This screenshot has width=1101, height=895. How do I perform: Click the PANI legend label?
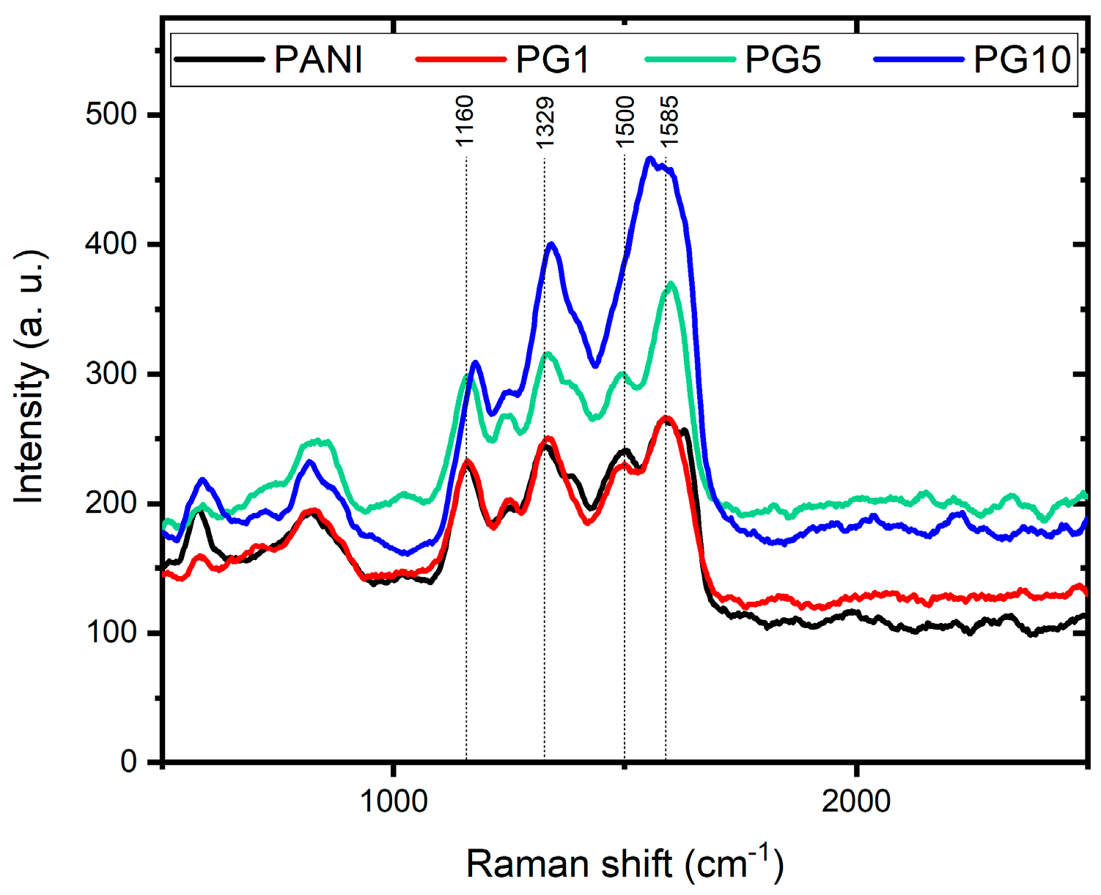tap(318, 60)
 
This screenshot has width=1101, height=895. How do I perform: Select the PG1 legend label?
tap(553, 60)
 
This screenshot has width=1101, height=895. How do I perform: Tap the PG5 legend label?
tap(783, 60)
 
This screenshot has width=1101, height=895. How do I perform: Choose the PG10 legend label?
tap(1022, 60)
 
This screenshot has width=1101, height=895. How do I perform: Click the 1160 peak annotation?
tap(465, 121)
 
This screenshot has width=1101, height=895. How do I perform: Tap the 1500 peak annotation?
tap(625, 121)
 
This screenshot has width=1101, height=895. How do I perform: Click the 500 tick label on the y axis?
tap(111, 115)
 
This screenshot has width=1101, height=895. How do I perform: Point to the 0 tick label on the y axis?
tap(129, 762)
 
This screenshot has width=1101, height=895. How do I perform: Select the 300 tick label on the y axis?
tap(111, 374)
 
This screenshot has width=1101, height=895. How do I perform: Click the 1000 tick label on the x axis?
tap(394, 801)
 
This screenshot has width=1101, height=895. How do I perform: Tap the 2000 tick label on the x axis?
tap(856, 801)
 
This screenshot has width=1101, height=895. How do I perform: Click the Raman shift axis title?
tap(625, 863)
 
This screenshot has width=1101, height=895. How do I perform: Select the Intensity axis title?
tap(31, 377)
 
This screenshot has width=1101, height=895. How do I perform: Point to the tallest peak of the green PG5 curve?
tap(670, 284)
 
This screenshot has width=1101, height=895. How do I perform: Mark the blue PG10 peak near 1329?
tap(551, 244)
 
